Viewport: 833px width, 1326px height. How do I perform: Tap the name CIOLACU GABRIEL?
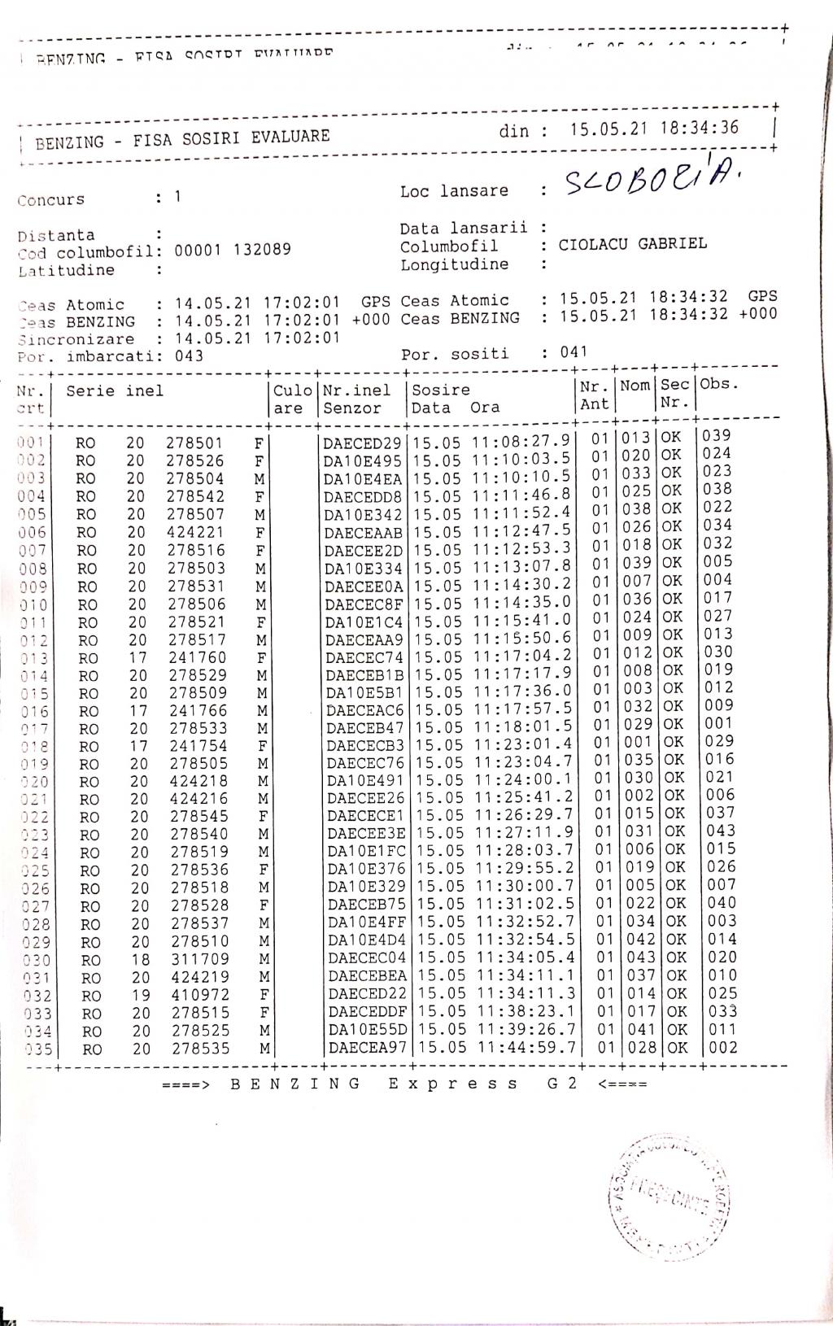[x=632, y=244]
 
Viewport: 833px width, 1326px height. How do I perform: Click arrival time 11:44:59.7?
[x=526, y=1048]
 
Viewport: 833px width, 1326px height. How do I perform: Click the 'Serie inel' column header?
[x=115, y=391]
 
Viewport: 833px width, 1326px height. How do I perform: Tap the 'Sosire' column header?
[x=440, y=390]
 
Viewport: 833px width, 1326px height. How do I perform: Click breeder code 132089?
[x=262, y=250]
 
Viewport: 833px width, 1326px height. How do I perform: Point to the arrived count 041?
[x=573, y=352]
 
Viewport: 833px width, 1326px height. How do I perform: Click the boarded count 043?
[x=190, y=355]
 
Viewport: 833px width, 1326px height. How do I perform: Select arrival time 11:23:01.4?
[x=524, y=744]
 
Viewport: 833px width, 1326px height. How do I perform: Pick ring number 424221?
[x=195, y=532]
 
